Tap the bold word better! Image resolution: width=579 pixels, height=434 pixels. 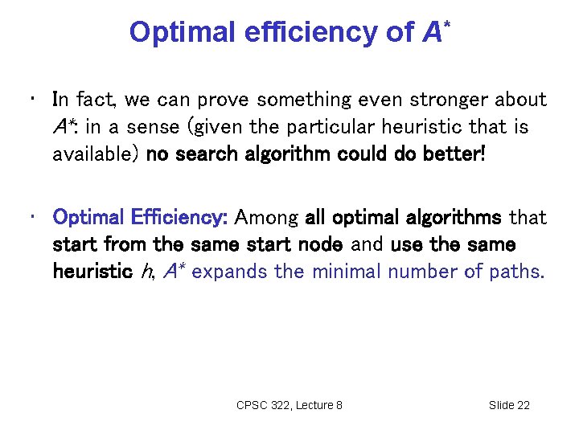(x=458, y=154)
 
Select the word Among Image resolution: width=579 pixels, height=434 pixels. (x=268, y=218)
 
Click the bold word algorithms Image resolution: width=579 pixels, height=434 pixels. (x=450, y=218)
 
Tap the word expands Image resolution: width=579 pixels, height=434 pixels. (x=230, y=272)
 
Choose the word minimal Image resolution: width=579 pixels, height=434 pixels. (x=345, y=272)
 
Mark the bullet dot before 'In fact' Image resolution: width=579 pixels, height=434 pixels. (x=30, y=100)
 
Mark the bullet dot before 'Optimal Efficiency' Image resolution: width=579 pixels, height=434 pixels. (x=30, y=218)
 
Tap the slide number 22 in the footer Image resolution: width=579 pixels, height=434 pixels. (x=522, y=405)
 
